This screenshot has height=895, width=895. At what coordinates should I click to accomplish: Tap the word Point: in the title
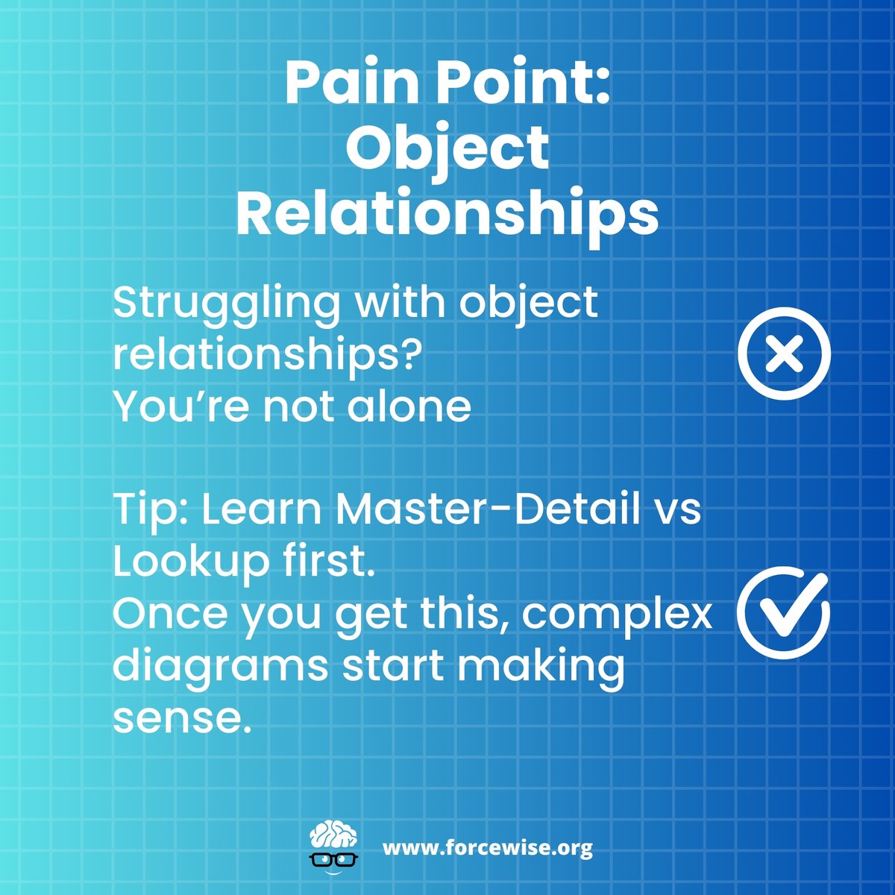point(524,84)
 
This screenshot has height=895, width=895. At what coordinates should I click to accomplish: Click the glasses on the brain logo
point(333,858)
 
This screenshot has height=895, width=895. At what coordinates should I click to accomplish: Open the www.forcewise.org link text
point(488,848)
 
